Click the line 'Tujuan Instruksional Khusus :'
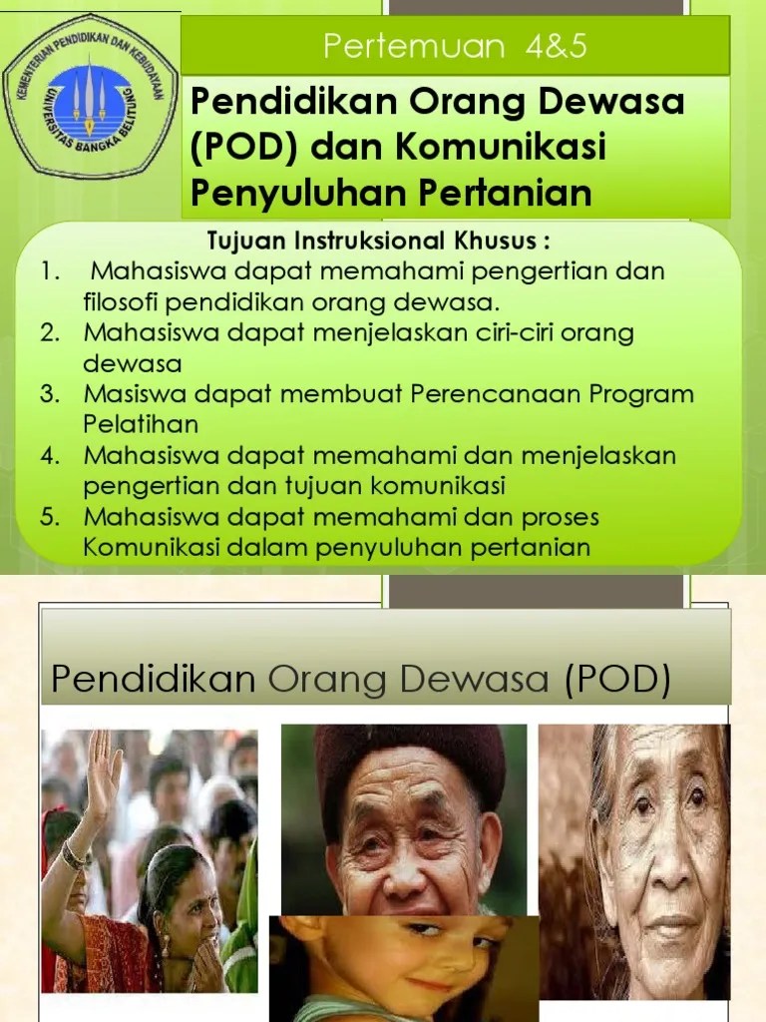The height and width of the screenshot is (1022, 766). [378, 243]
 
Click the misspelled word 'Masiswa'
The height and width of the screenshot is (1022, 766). [130, 393]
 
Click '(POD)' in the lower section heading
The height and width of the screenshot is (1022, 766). [615, 680]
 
